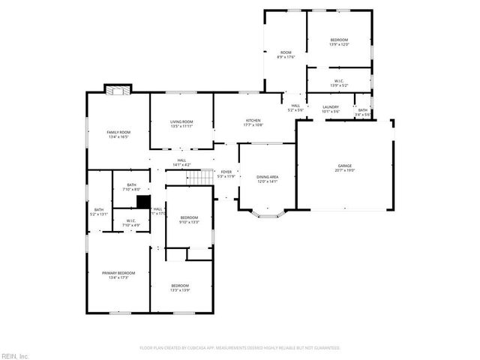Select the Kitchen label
point(253,122)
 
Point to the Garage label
point(345,167)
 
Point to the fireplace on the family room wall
point(117,91)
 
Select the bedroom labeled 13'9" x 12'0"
point(338,42)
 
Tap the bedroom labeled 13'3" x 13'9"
point(180,287)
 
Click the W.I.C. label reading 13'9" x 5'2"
point(338,83)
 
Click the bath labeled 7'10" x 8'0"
point(131,187)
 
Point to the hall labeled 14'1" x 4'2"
point(182,162)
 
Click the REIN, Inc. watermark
point(15,355)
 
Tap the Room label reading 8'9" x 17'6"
point(286,54)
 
